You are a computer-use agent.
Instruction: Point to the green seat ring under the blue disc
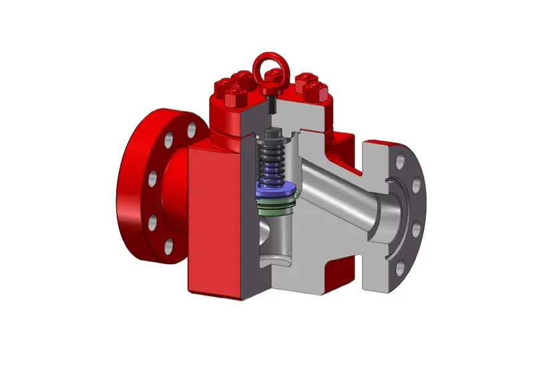[275, 203]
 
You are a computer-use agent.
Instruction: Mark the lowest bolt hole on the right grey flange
[399, 268]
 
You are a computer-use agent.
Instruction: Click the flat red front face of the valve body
[214, 221]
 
